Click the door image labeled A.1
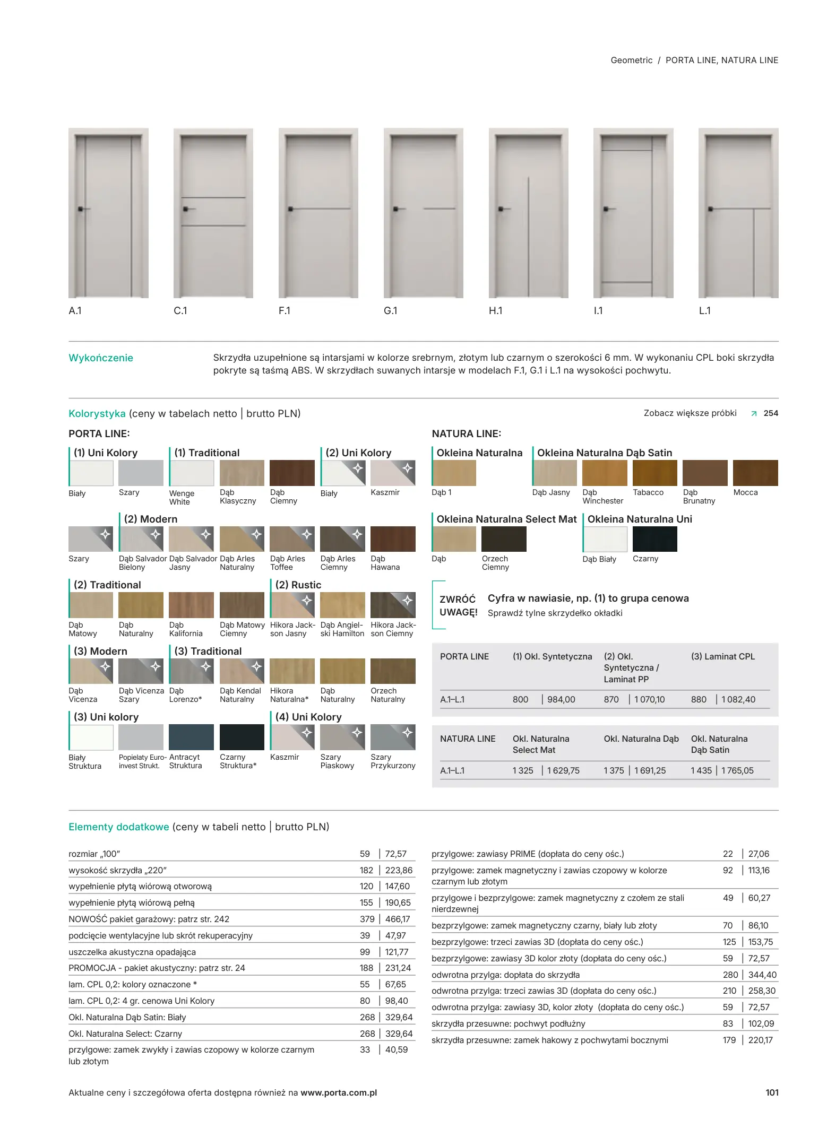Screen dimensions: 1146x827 click(x=108, y=213)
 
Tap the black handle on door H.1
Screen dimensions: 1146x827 click(x=501, y=209)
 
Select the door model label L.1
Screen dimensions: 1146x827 click(x=704, y=311)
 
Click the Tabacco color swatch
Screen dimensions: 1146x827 click(x=654, y=473)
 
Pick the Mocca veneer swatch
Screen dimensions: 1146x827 click(x=755, y=473)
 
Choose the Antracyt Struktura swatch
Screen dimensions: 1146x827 click(x=191, y=737)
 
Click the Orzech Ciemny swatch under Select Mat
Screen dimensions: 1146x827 click(x=503, y=539)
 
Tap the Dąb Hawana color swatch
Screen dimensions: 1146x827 click(x=393, y=539)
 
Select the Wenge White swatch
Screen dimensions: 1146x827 click(x=192, y=473)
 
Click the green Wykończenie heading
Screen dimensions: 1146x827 click(x=101, y=358)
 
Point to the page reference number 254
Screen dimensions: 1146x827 click(x=771, y=413)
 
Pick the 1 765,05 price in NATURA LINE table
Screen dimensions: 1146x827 click(x=737, y=770)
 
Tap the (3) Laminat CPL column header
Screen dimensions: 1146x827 click(x=722, y=656)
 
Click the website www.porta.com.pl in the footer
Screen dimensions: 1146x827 click(x=339, y=1092)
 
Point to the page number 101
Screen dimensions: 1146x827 click(x=772, y=1092)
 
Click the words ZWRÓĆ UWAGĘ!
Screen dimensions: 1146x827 click(x=458, y=605)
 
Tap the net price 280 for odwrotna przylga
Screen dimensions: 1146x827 click(x=730, y=975)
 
